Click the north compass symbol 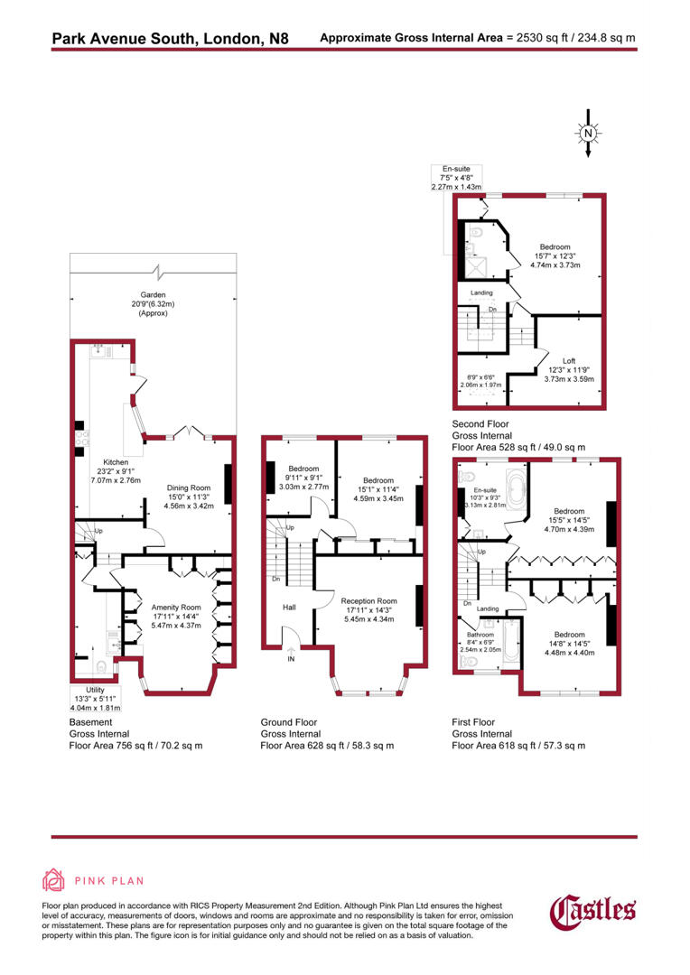pos(588,135)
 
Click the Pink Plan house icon pos(54,880)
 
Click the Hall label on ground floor pos(289,608)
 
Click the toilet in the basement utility pos(101,668)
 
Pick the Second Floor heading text pos(480,423)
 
